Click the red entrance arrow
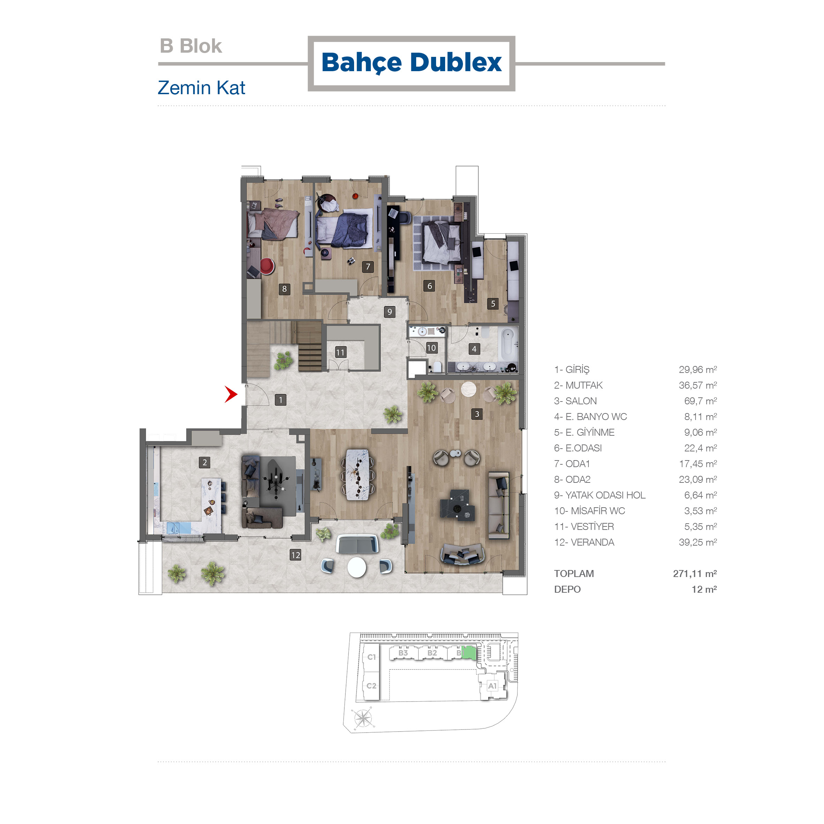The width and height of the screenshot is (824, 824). [x=231, y=394]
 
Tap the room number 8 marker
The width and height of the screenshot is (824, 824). [x=284, y=289]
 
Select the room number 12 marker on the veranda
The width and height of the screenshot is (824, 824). [x=295, y=555]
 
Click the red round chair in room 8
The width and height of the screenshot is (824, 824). [x=267, y=266]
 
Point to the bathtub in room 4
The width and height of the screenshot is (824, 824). [x=508, y=345]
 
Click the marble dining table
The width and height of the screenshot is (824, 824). [x=358, y=474]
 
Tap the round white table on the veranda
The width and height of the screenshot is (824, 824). [x=357, y=567]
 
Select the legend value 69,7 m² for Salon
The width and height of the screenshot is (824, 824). [x=700, y=401]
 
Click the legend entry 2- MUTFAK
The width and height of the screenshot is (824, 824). [x=578, y=385]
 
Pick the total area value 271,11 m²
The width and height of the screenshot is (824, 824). [x=695, y=574]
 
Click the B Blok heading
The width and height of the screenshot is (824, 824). [x=190, y=46]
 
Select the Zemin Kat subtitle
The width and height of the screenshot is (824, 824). [x=201, y=88]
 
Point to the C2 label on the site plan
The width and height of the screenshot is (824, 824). [x=372, y=686]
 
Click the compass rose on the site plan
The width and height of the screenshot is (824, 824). [x=362, y=718]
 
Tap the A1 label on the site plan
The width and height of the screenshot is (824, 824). [x=493, y=686]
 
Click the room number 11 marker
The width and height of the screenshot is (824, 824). [x=340, y=352]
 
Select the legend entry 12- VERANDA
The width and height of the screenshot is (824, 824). [x=584, y=542]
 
